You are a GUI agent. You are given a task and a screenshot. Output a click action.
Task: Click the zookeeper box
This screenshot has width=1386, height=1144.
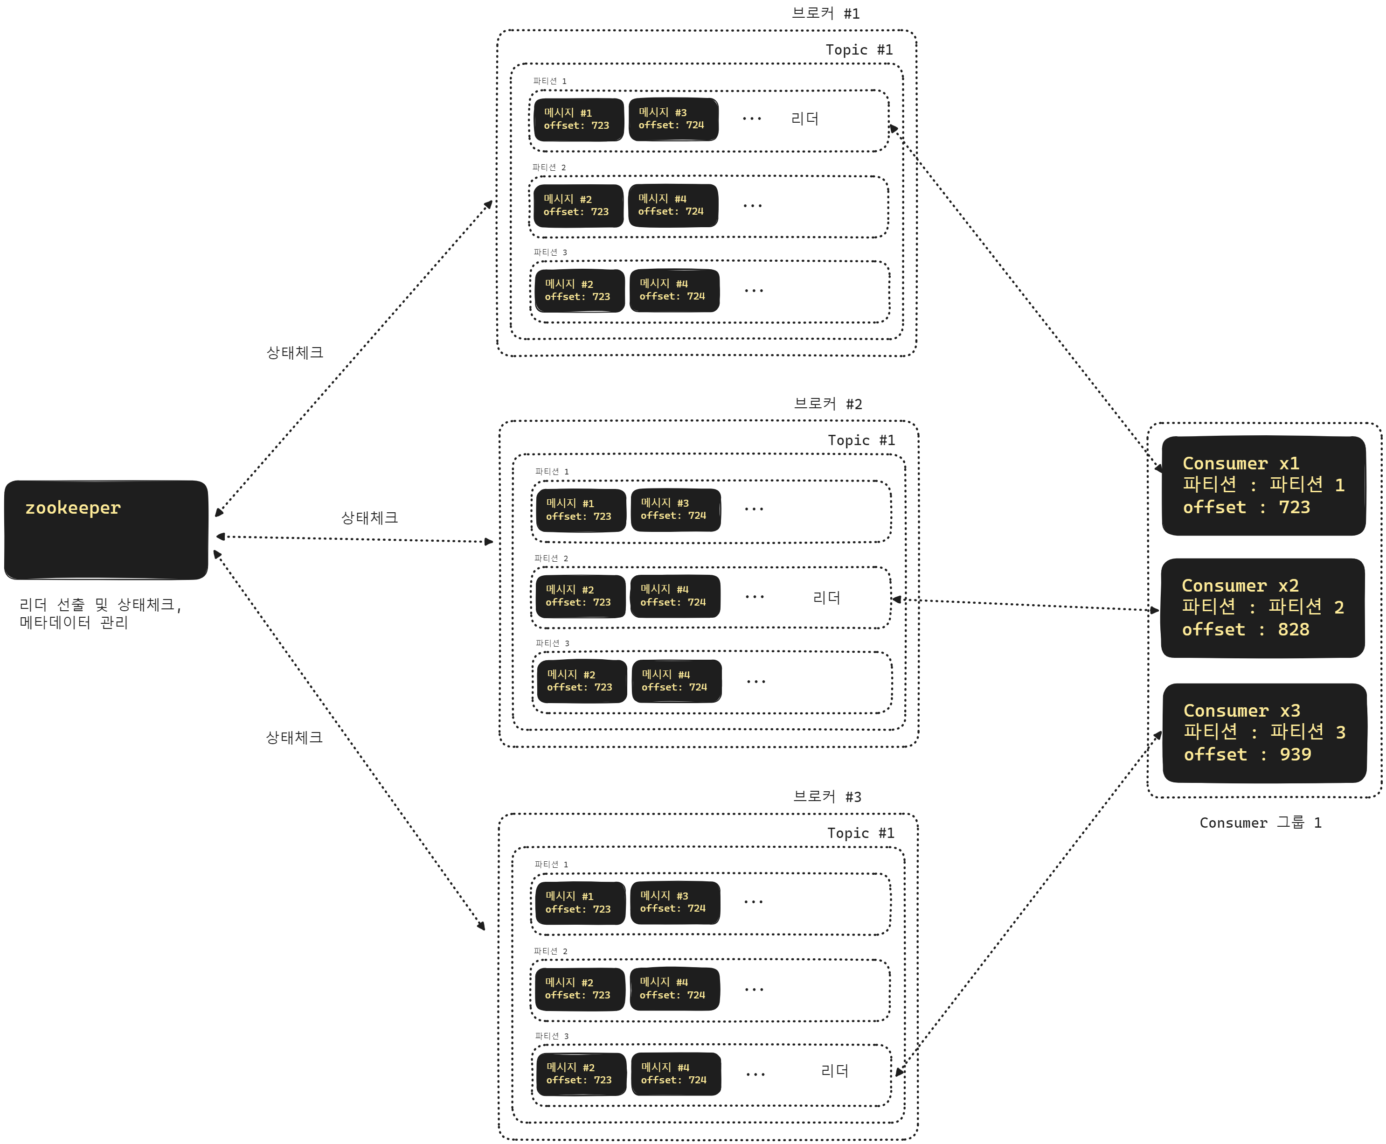[x=106, y=530]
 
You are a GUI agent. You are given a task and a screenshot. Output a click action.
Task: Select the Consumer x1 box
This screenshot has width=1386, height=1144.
[x=1263, y=486]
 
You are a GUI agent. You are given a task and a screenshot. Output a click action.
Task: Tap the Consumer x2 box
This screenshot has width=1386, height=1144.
[x=1261, y=607]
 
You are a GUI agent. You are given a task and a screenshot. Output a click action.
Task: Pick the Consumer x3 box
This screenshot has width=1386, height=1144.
[x=1263, y=733]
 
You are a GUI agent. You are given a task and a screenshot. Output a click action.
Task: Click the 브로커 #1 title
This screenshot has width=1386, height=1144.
[x=825, y=13]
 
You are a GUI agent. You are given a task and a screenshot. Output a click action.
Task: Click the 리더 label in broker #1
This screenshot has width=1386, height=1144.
[x=804, y=119]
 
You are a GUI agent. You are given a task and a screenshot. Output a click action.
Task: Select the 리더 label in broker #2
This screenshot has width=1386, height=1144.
[x=826, y=598]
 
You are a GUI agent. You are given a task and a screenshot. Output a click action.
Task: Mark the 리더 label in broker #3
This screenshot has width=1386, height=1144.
[x=834, y=1071]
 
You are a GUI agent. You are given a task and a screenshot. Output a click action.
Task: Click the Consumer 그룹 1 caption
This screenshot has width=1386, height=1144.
[x=1260, y=823]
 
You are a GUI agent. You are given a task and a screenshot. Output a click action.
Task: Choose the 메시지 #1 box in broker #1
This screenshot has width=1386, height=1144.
[x=578, y=119]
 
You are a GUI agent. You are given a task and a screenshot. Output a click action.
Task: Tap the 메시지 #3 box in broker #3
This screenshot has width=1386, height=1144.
[x=674, y=902]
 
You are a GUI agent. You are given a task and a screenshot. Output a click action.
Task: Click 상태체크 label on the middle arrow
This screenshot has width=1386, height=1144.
[x=369, y=518]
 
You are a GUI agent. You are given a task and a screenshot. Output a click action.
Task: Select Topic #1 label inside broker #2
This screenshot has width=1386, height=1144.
[x=861, y=440]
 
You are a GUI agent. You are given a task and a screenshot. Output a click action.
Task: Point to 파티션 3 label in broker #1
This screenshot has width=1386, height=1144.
[x=550, y=252]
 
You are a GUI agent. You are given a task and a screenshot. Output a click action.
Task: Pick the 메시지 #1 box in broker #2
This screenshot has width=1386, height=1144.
[x=580, y=510]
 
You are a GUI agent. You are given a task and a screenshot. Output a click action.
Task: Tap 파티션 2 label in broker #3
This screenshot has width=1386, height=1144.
[x=550, y=951]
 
